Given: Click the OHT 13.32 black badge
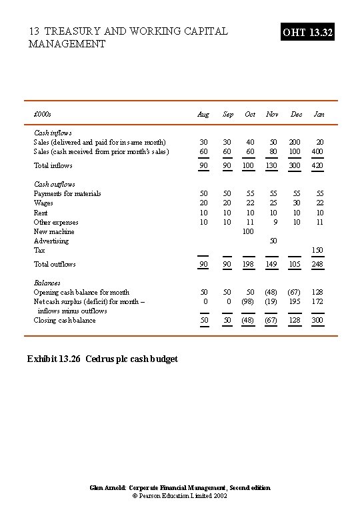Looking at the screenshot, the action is click(x=307, y=32).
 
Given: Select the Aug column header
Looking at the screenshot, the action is click(x=203, y=114).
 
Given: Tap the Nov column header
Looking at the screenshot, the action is click(x=272, y=114).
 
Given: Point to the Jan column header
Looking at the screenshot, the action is click(x=319, y=114).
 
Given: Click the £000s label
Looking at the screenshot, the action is click(x=42, y=114).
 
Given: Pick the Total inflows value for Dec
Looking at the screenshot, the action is click(x=294, y=165).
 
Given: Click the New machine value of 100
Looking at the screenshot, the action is click(x=248, y=231).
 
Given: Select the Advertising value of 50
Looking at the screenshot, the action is click(x=273, y=241).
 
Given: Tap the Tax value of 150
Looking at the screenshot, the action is click(x=317, y=250).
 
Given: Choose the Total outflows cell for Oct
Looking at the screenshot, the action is click(x=248, y=264).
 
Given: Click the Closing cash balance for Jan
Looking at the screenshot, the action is click(x=317, y=320).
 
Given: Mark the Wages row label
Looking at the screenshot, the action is click(x=43, y=203).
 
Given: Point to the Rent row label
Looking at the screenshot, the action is click(x=41, y=213).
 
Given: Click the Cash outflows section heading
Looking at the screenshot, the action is click(x=55, y=184).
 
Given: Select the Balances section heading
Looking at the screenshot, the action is click(x=47, y=283).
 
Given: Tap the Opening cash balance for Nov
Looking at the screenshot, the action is click(x=271, y=292).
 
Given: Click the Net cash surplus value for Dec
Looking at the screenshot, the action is click(x=294, y=301).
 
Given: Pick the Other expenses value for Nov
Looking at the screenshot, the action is click(x=274, y=222).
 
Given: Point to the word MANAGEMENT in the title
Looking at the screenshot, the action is click(x=67, y=44).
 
